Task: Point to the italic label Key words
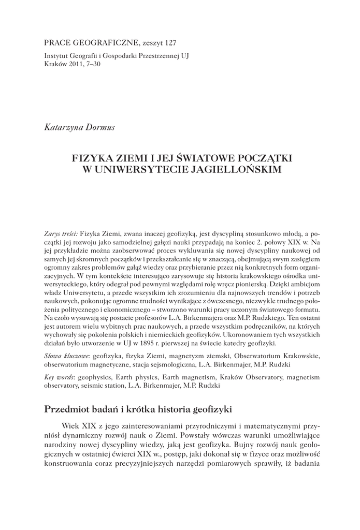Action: pos(56,378)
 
